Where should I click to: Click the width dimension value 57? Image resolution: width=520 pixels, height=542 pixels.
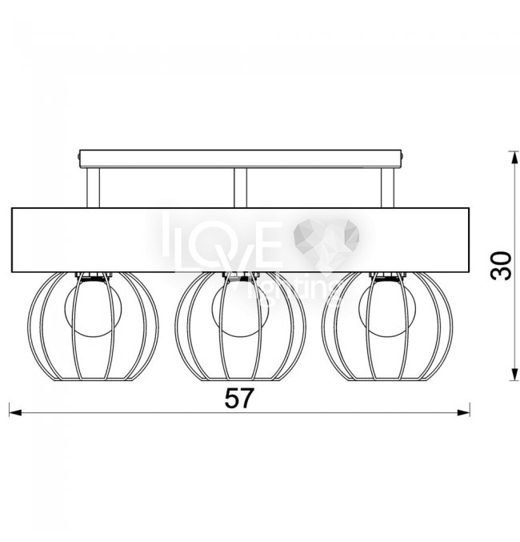239,398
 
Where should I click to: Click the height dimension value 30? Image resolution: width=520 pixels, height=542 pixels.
501,266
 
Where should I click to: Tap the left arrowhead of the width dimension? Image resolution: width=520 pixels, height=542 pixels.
15,412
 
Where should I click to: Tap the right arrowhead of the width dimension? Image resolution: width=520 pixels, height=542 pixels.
463,412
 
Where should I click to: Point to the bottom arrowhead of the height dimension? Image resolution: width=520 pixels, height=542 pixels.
515,374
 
